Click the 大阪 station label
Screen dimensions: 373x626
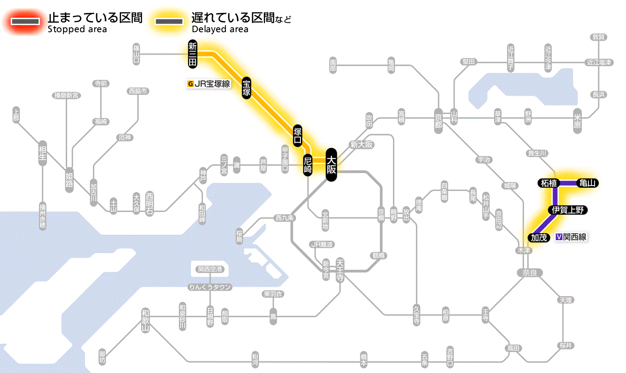[x=331, y=165]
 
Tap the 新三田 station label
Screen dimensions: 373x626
[x=193, y=54]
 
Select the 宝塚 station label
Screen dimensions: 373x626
[x=246, y=88]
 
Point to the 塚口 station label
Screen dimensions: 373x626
[x=298, y=136]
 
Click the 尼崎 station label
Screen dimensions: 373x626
[x=308, y=165]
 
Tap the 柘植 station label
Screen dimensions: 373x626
[x=548, y=183]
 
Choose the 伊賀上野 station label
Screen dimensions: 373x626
[x=567, y=210]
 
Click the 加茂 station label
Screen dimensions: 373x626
[x=539, y=237]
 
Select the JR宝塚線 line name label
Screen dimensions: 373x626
[x=212, y=83]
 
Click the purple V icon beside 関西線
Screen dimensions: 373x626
[x=558, y=237]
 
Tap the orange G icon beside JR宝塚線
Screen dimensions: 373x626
[x=191, y=83]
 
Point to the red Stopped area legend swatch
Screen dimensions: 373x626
[x=26, y=21]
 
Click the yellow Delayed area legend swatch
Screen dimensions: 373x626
[x=169, y=21]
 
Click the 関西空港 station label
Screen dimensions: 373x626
[x=210, y=269]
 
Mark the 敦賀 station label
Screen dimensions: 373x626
[x=598, y=37]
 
